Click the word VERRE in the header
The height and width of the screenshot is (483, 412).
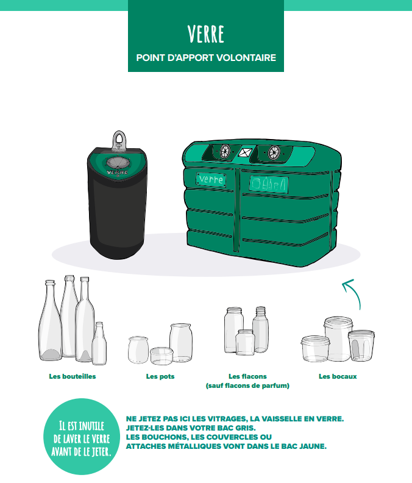205,34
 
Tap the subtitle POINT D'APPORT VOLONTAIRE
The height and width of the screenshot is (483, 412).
206,57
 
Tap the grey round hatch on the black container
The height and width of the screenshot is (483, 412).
118,162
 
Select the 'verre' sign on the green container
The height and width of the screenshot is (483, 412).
211,179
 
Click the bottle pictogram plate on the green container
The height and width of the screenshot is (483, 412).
269,184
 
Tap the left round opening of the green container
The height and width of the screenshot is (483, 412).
225,151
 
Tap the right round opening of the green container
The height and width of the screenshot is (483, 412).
274,152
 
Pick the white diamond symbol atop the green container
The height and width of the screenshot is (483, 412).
245,152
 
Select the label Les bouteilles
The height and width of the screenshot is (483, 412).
73,376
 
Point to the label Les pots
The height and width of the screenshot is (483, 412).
160,376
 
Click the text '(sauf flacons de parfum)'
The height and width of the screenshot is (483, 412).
247,385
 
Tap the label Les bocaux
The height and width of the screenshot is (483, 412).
338,376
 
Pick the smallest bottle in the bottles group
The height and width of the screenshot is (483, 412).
99,343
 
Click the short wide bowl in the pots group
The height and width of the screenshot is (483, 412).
162,356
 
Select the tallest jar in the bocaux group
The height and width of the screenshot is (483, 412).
338,339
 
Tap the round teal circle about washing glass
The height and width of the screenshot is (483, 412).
82,437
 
